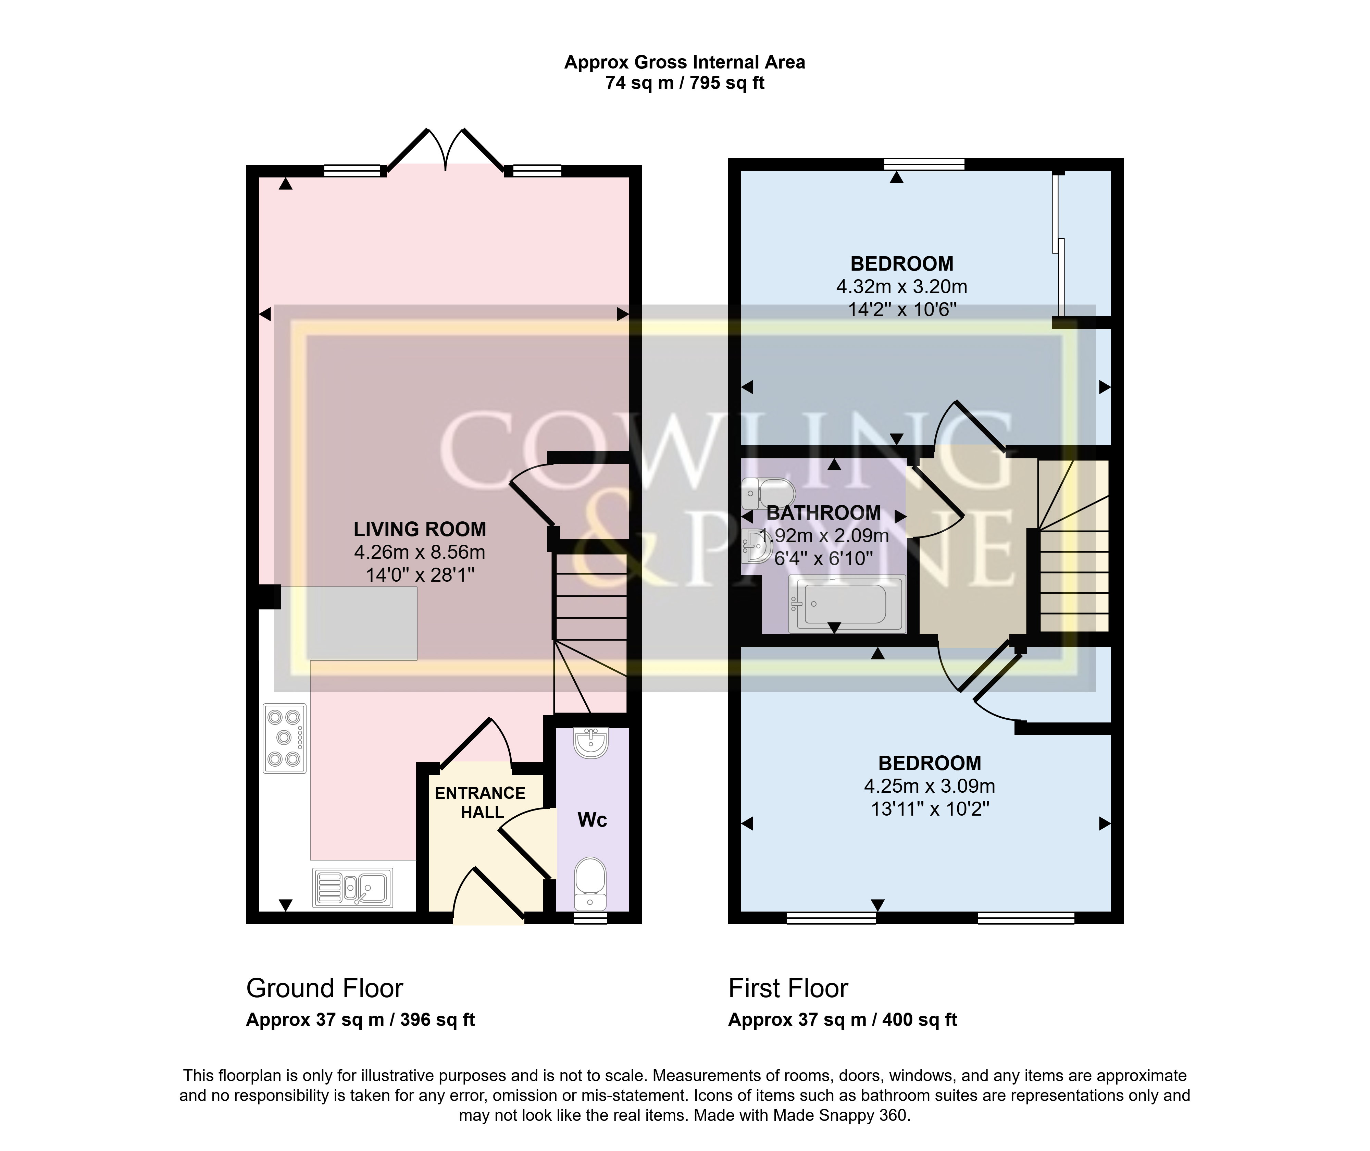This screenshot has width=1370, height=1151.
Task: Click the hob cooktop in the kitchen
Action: pos(284,738)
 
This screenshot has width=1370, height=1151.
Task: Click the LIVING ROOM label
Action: pos(420,529)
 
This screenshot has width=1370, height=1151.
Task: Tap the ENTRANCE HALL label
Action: pos(480,803)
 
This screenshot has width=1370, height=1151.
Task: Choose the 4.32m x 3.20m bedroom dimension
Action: pos(901,286)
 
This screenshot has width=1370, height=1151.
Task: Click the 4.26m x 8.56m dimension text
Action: pos(420,552)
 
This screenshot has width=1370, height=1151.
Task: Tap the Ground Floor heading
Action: pos(324,989)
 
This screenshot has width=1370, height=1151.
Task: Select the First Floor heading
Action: pos(788,989)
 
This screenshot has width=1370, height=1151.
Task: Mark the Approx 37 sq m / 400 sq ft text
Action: pos(842,1020)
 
